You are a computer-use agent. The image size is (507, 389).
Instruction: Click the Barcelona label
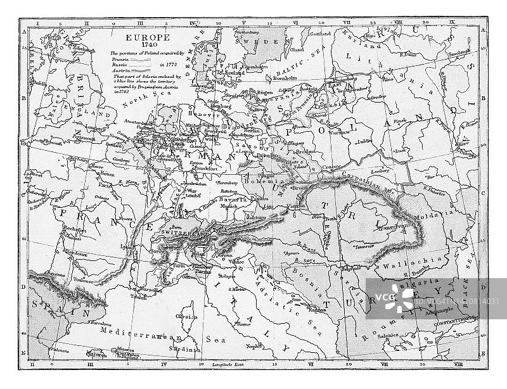(105, 322)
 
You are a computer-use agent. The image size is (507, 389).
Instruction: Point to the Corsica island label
(186, 314)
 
